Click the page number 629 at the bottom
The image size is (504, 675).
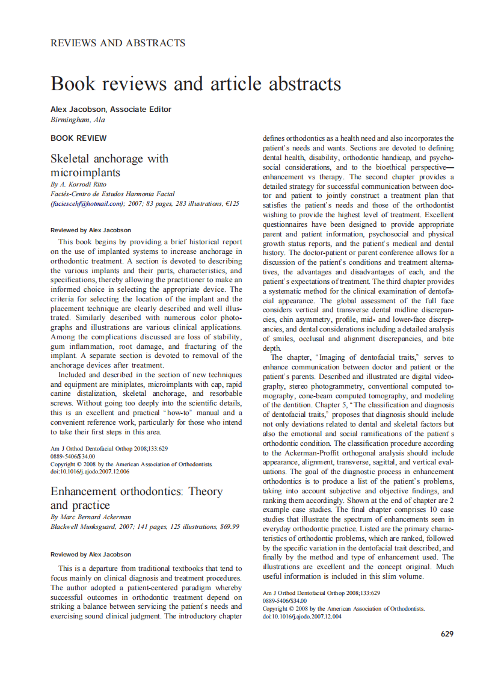447,633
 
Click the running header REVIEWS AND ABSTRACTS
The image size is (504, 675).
118,43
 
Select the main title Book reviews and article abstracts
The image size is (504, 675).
196,83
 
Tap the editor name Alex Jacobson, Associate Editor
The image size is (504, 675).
111,109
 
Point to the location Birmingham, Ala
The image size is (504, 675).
78,120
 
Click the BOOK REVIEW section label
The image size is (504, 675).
79,138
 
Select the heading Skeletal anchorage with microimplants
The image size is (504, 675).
109,166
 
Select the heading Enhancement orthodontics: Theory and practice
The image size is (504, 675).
137,498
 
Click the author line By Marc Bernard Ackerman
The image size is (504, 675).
91,517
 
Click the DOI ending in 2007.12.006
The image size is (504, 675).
90,472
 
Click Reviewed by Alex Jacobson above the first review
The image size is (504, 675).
91,230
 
